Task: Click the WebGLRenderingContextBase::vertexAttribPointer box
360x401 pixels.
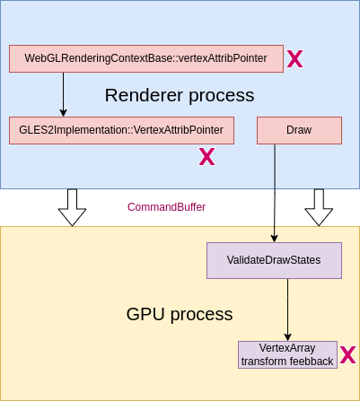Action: point(146,58)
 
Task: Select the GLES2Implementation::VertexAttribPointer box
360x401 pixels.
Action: point(121,130)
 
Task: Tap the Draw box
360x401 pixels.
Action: point(299,130)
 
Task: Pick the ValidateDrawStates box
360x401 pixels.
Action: point(274,260)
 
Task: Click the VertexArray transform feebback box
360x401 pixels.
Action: point(287,354)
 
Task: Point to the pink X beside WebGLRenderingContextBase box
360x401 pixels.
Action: point(295,58)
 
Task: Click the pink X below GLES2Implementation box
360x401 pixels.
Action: point(206,157)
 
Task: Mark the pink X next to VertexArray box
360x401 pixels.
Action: point(348,354)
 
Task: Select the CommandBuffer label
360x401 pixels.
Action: point(166,207)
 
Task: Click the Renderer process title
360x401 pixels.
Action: point(180,95)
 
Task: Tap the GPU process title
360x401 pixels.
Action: point(180,314)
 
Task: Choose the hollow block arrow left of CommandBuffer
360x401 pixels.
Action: point(72,207)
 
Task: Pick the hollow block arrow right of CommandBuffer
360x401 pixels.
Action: point(319,207)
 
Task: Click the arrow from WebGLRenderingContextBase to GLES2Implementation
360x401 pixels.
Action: point(63,94)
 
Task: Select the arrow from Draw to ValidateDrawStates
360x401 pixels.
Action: point(275,193)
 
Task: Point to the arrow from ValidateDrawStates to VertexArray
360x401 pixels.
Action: point(287,309)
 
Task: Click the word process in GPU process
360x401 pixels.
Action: point(202,315)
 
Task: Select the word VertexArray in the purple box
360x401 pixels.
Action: point(287,348)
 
